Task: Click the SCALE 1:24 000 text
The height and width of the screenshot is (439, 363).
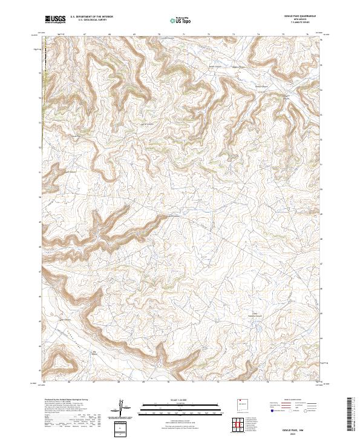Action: tap(181, 400)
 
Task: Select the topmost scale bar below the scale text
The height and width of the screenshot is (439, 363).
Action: tap(181, 404)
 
